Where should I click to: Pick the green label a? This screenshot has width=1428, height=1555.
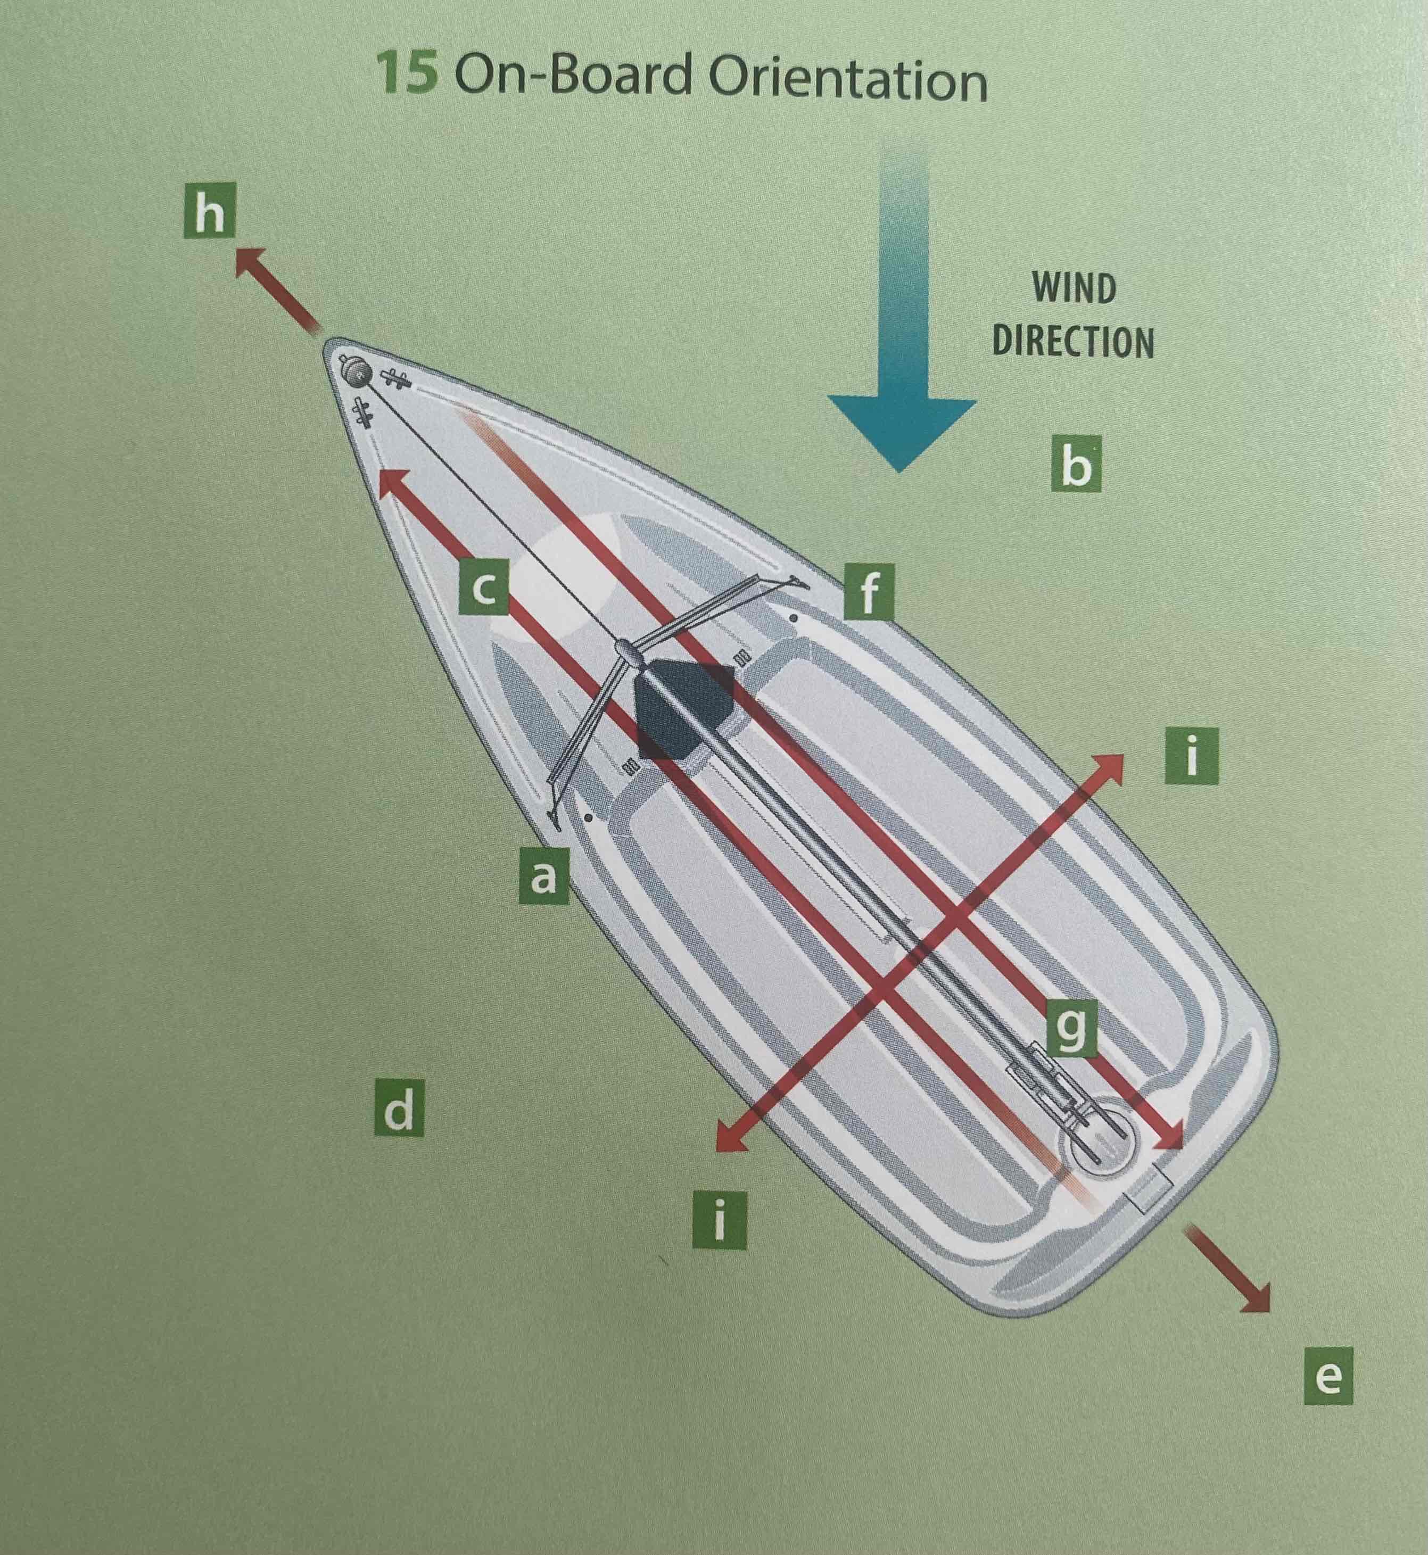click(x=544, y=876)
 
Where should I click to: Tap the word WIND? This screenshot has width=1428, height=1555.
click(x=1074, y=289)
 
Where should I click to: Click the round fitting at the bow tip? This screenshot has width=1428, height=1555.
click(x=356, y=375)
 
